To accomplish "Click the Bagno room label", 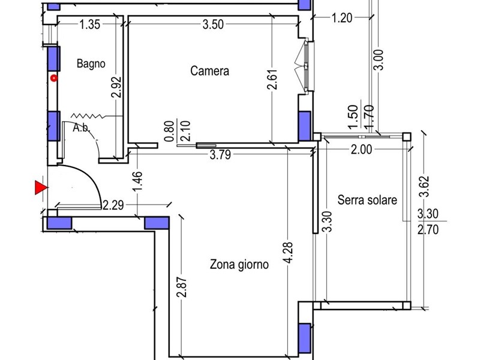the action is tap(91, 64).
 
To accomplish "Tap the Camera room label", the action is tap(209, 71).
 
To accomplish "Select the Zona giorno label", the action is tap(239, 264).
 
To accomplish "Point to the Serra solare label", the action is tap(367, 200).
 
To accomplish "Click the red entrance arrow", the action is tap(41, 188).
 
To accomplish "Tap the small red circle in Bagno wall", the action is tap(54, 79).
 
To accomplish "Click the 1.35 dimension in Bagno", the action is tap(89, 25).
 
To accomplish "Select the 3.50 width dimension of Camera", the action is tap(213, 25).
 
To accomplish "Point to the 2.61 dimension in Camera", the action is tap(272, 79).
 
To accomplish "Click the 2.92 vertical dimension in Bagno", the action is tap(116, 87).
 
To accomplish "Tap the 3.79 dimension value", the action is tap(220, 155).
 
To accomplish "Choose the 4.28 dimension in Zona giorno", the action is tap(288, 253).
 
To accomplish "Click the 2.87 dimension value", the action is tap(182, 287).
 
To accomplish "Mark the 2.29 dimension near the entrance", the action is tap(113, 205).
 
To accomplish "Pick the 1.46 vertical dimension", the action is tap(138, 182).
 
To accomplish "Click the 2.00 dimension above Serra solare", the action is tap(361, 149).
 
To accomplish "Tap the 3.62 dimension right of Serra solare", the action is tap(424, 187).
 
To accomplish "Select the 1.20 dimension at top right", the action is tap(342, 18).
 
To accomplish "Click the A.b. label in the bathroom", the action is tap(82, 128).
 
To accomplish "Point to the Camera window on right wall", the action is tap(308, 66).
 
